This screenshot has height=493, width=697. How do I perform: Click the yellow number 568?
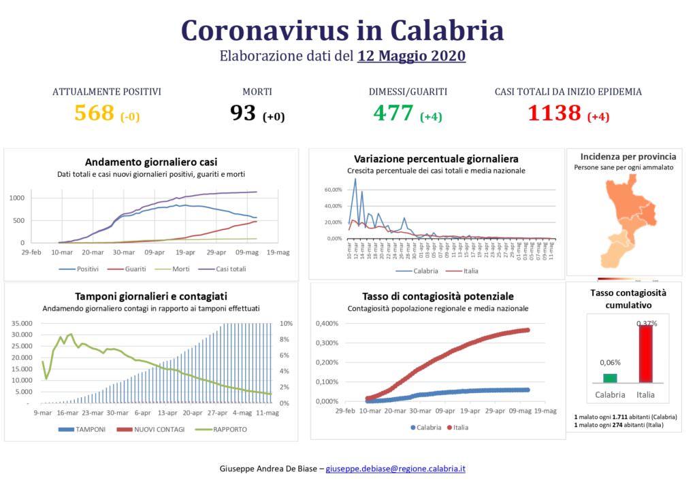[x=94, y=113]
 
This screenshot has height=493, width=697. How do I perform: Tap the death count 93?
[x=243, y=113]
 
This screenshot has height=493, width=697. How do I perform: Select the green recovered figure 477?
[x=393, y=113]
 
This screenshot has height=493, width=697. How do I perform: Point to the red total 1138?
[x=555, y=113]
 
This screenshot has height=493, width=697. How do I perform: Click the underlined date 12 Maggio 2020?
[x=411, y=56]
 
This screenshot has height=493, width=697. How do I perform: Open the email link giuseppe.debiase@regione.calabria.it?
[x=395, y=469]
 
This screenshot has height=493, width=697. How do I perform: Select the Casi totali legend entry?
[x=227, y=269]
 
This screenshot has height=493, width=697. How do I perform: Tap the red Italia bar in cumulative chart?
[x=645, y=354]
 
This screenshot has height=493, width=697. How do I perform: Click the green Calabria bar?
[x=610, y=378]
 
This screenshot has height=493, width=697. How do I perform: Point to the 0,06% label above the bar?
[x=609, y=362]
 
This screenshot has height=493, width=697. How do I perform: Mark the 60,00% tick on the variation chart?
[x=333, y=189]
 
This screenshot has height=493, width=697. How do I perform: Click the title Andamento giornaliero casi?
[x=151, y=162]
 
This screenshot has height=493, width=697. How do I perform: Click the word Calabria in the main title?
[x=447, y=30]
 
